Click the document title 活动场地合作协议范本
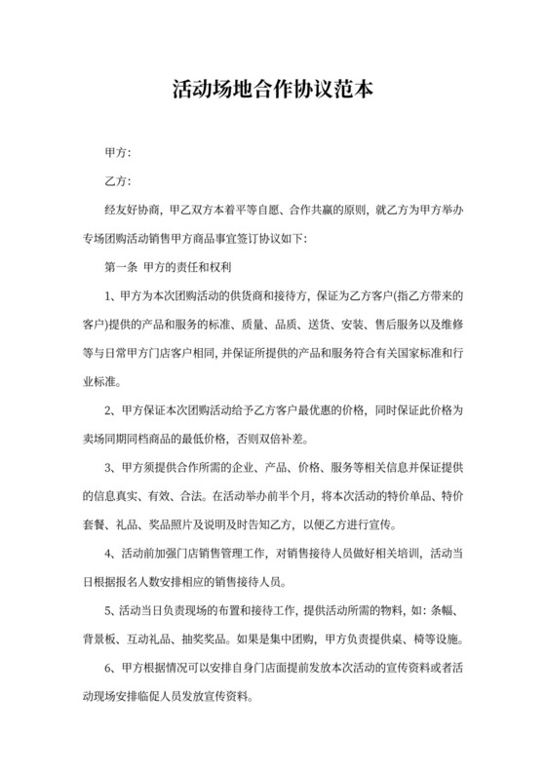273,91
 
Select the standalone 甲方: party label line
117,153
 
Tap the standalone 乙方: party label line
117,181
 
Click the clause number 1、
110,293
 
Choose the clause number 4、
110,557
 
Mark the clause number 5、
110,613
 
